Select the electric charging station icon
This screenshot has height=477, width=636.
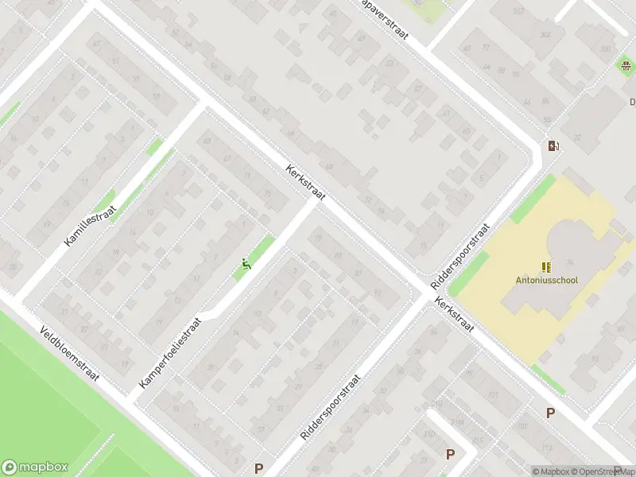pos(553,145)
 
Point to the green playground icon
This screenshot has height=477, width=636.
pos(246,265)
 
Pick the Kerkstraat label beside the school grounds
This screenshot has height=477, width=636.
pos(454,315)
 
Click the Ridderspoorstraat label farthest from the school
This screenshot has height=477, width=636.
pos(331,409)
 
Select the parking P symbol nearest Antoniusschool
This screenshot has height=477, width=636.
pos(549,413)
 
